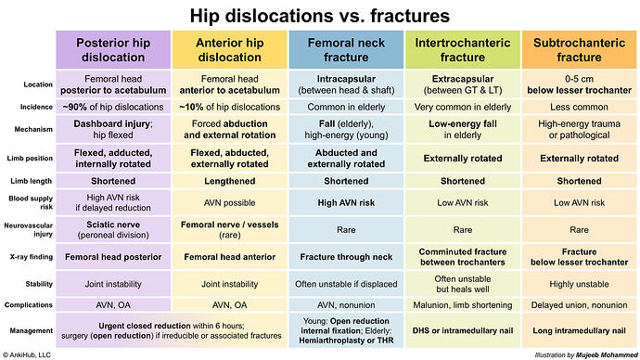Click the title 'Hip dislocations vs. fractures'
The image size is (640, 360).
click(320, 16)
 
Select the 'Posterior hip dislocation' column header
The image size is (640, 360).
click(113, 49)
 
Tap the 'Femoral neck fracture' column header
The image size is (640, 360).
click(346, 49)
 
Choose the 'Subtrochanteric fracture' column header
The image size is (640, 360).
click(579, 49)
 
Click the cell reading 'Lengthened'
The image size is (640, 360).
click(229, 180)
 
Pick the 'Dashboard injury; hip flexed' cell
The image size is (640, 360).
click(113, 129)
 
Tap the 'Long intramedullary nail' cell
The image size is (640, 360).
click(579, 329)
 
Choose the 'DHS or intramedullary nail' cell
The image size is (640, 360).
click(462, 329)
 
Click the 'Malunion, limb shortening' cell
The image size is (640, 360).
click(462, 304)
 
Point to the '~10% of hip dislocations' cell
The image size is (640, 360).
click(229, 106)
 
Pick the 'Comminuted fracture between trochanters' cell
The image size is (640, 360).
click(462, 255)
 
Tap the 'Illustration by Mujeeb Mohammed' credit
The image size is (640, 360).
click(578, 354)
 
